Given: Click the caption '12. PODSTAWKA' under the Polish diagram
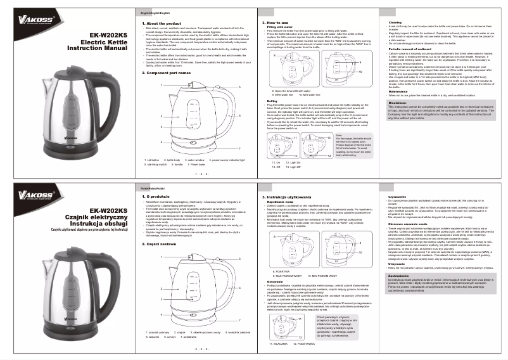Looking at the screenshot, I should pos(304,343).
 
